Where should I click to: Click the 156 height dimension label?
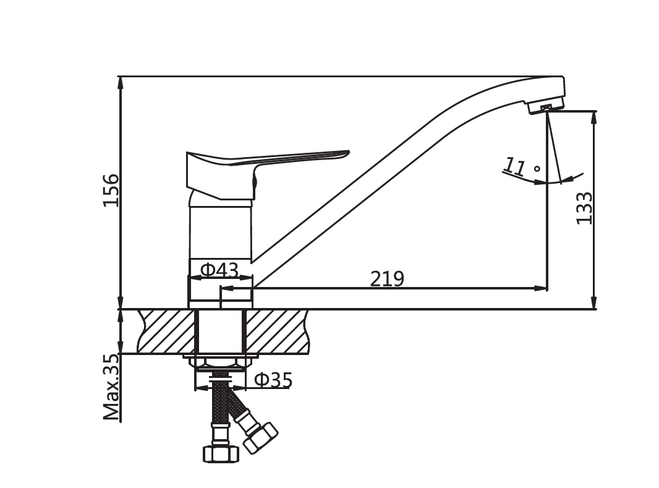[x=111, y=189]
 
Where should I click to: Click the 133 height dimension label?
[x=584, y=208]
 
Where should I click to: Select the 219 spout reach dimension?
[x=387, y=278]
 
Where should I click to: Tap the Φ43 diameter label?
[x=219, y=270]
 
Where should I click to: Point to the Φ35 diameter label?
[x=273, y=380]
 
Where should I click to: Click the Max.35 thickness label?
[x=111, y=388]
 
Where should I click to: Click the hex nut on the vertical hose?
[x=221, y=453]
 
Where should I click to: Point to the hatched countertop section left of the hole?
[x=166, y=332]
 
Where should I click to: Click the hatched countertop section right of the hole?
[x=278, y=332]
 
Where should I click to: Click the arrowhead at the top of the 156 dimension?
[x=121, y=83]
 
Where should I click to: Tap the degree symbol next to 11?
[x=537, y=169]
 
